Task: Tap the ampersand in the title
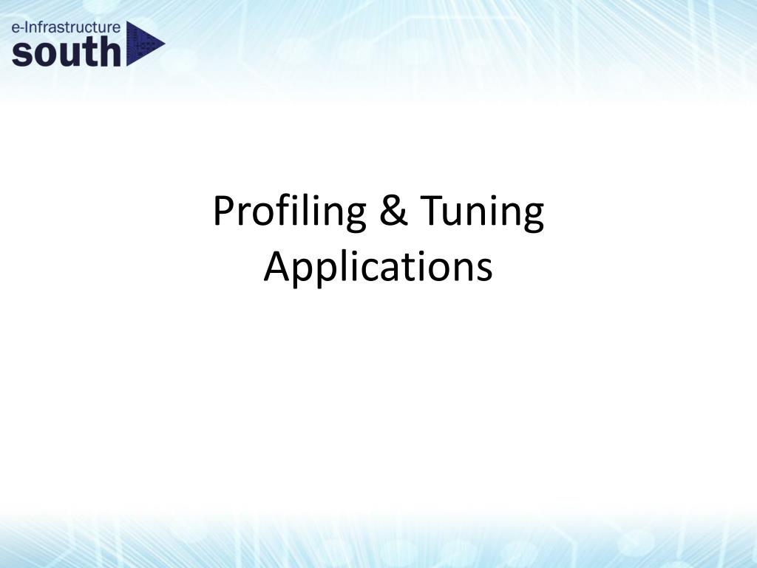(x=394, y=209)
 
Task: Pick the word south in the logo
(x=67, y=52)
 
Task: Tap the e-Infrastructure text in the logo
(x=66, y=27)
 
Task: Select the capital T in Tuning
(x=431, y=209)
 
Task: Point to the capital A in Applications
(x=276, y=266)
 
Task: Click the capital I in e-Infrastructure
(x=25, y=27)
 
